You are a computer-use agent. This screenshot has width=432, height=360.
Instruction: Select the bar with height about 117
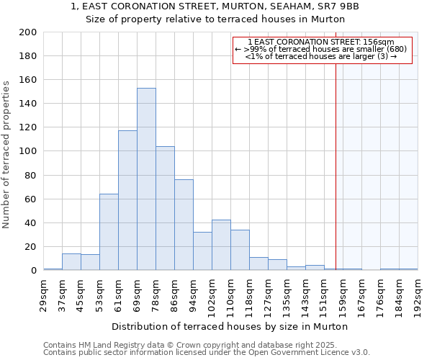coord(127,200)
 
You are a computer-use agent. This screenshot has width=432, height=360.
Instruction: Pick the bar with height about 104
coord(165,208)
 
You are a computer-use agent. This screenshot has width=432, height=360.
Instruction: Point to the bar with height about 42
coord(221,245)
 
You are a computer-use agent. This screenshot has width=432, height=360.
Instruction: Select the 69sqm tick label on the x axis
coord(138,292)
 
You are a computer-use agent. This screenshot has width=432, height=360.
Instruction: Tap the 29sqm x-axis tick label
coord(44,292)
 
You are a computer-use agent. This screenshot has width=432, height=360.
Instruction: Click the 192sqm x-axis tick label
coord(418,292)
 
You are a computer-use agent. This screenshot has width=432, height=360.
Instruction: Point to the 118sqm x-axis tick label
coord(250,294)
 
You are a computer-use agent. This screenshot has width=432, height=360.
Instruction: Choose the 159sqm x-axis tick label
coord(343,294)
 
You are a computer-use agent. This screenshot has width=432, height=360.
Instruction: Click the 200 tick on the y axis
coord(28,32)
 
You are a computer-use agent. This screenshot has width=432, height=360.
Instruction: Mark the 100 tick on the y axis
coord(28,151)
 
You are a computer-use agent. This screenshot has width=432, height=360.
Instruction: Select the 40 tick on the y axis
coord(31,222)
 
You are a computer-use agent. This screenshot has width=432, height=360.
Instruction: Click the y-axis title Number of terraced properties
coord(6,154)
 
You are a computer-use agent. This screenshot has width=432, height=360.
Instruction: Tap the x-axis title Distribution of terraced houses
coord(230,326)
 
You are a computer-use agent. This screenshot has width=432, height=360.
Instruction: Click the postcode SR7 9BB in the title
coord(343,6)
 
